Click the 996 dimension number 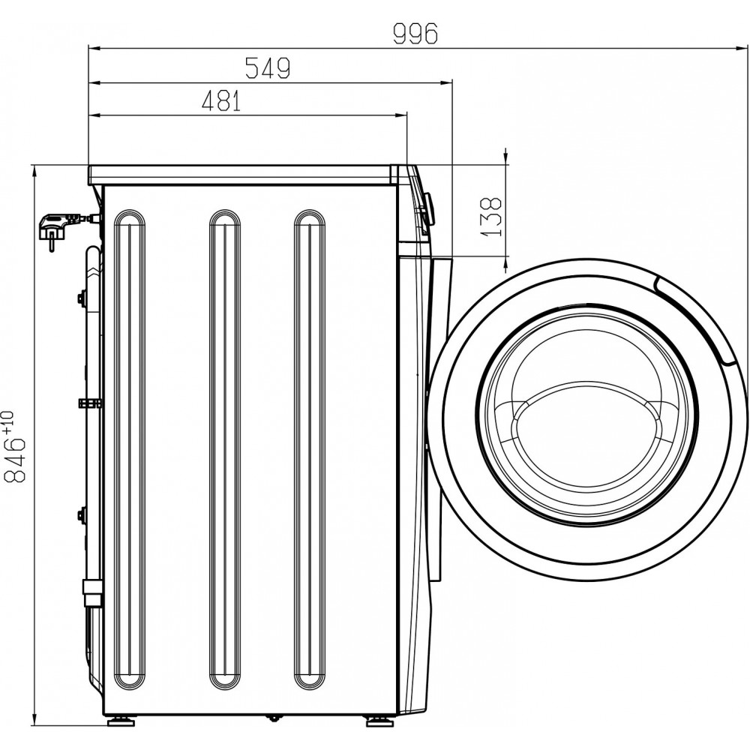[x=415, y=34]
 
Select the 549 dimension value [x=268, y=68]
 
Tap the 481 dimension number [x=221, y=101]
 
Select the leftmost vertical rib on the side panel [x=129, y=449]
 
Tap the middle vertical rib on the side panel [x=225, y=449]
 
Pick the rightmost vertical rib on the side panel [x=310, y=449]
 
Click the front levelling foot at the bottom [x=379, y=721]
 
